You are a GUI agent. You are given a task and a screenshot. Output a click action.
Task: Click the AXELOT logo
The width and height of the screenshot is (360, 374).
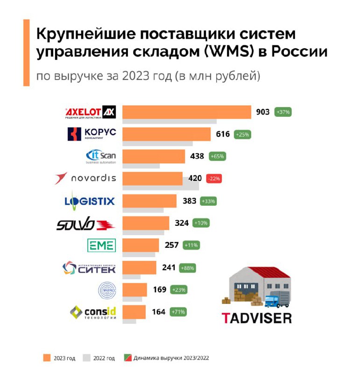point(90,113)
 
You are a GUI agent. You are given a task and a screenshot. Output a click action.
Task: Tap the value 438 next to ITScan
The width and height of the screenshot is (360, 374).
point(197,156)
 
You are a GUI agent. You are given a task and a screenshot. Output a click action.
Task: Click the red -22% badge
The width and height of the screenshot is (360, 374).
point(215,178)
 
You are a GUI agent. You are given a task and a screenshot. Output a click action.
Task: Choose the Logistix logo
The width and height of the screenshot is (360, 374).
point(89,201)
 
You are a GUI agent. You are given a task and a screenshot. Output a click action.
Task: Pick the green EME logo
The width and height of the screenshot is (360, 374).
point(101,245)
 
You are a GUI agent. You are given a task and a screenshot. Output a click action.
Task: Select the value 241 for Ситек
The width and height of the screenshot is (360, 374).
point(168,267)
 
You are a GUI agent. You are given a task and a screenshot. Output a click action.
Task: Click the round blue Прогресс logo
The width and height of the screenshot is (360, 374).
point(104,289)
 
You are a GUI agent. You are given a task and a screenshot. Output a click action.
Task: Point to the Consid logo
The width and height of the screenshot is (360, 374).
point(92,312)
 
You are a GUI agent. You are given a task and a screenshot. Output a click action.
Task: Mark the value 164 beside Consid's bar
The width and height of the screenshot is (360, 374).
point(159,311)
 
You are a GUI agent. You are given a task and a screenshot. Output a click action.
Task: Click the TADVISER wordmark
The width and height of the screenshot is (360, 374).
point(256,318)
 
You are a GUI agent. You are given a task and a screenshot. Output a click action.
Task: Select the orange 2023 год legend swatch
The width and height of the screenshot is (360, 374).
point(46,358)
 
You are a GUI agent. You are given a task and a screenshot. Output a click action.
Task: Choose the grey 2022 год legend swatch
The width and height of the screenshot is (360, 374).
point(86,358)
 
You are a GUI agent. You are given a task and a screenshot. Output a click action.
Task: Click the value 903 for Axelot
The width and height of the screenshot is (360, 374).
point(263,112)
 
